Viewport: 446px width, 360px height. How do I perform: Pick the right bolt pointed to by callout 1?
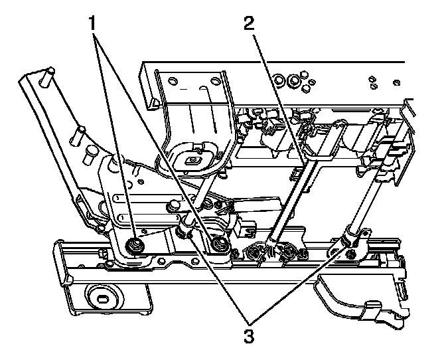(219, 246)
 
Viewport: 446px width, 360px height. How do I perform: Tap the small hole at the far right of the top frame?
(396, 82)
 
